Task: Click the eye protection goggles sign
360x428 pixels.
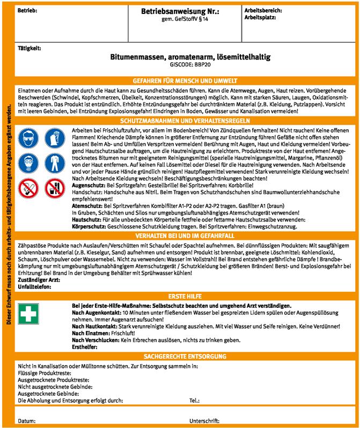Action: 28,138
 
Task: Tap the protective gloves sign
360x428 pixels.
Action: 54,138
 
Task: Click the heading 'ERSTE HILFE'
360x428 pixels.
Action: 185,296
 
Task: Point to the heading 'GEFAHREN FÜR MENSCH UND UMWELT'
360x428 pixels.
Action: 185,80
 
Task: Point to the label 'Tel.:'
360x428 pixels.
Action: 195,400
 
